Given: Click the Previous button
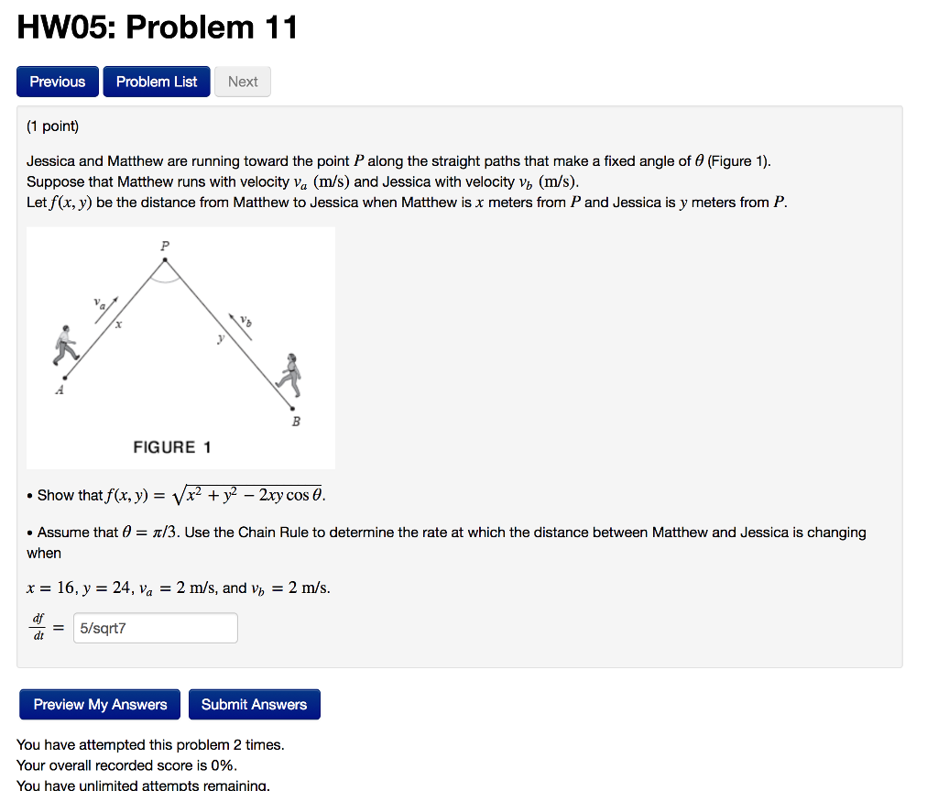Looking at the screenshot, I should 57,82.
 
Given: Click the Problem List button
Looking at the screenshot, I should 157,82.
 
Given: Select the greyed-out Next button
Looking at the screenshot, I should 243,82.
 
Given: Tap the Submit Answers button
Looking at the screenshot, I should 254,704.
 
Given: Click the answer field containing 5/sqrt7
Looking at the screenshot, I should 155,629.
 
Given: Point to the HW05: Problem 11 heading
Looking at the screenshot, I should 158,27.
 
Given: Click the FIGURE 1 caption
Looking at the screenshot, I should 172,447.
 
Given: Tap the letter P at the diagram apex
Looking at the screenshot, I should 165,246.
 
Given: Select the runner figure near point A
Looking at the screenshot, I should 66,346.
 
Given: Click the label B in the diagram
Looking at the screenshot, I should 296,422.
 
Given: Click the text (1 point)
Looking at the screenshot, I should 53,126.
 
